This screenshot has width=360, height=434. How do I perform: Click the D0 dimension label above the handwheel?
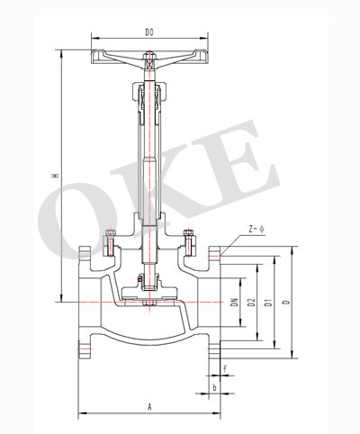click(x=149, y=32)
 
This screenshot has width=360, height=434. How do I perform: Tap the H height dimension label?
click(x=55, y=175)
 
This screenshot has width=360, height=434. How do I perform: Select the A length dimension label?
click(x=149, y=407)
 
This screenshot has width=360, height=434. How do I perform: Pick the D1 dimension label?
click(x=269, y=303)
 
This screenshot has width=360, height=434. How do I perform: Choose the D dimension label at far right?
click(x=287, y=303)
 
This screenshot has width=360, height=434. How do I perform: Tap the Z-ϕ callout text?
click(x=256, y=230)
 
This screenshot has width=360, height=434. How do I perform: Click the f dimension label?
click(x=225, y=368)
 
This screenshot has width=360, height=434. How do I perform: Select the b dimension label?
click(x=214, y=387)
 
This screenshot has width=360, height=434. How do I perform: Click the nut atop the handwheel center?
click(x=149, y=56)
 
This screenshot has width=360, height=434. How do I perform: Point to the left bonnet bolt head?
click(x=111, y=232)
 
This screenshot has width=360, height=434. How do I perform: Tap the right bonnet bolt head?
click(x=188, y=232)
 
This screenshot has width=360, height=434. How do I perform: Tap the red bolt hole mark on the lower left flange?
click(x=84, y=349)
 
